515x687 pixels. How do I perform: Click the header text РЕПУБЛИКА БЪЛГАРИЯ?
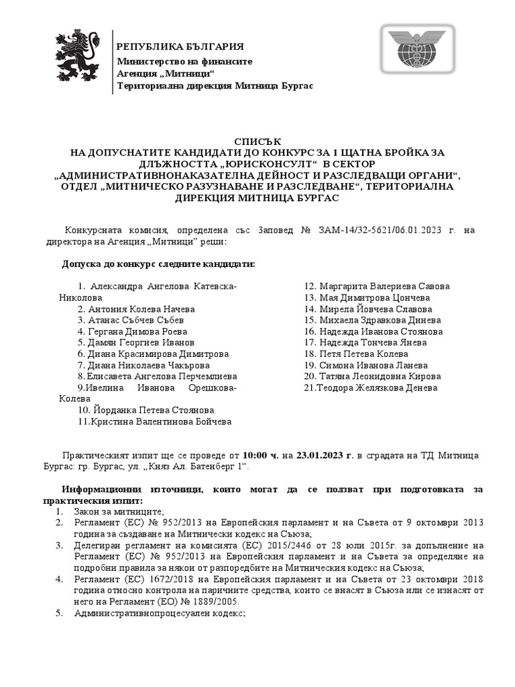180,46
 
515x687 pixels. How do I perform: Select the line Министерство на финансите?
175,60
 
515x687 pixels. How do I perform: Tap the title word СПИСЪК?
257,141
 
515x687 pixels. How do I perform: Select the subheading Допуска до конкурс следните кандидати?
158,264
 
